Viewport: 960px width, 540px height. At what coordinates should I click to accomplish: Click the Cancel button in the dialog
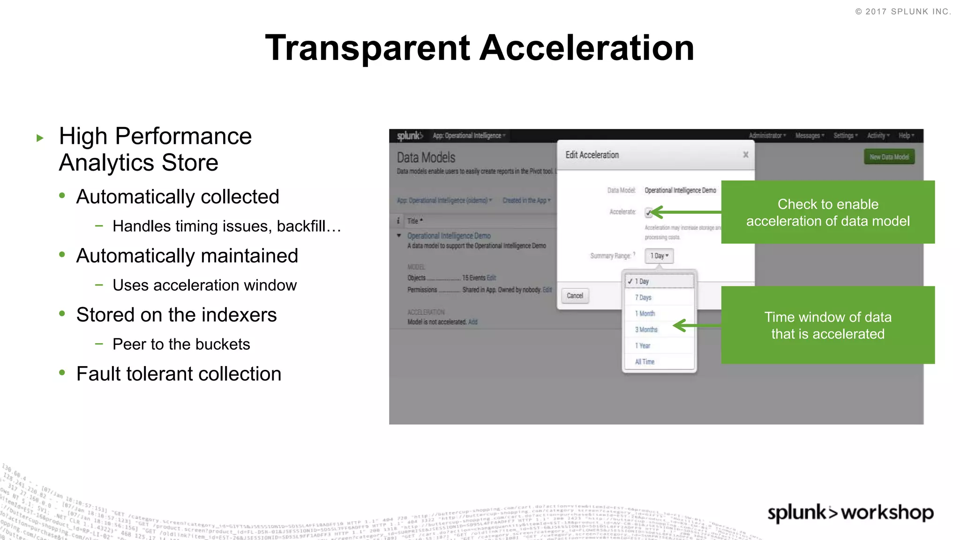(575, 296)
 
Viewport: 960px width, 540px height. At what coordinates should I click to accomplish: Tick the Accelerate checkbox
(648, 212)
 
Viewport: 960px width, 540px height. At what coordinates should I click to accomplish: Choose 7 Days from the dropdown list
(643, 298)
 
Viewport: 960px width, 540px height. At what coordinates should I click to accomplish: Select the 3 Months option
(646, 330)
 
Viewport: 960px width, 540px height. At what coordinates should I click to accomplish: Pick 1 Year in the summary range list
(643, 346)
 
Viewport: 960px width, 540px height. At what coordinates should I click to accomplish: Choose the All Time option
(645, 362)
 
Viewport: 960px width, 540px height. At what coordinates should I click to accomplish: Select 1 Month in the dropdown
(645, 314)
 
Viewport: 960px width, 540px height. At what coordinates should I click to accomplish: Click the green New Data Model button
(889, 157)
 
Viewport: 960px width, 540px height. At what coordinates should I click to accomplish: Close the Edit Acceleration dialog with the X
(745, 155)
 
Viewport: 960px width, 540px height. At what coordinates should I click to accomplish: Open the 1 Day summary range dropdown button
(659, 256)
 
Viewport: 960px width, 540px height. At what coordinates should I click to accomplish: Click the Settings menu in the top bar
(845, 136)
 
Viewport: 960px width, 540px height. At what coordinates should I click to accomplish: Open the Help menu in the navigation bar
(906, 136)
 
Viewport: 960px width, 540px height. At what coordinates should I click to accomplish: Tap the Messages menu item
(809, 136)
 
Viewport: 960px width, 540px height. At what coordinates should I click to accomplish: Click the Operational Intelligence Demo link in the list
(449, 236)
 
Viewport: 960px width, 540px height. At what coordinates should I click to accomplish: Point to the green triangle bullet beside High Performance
(40, 138)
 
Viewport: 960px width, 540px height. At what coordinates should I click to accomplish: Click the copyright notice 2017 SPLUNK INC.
(903, 12)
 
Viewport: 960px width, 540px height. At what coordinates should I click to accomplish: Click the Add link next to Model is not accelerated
(472, 322)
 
